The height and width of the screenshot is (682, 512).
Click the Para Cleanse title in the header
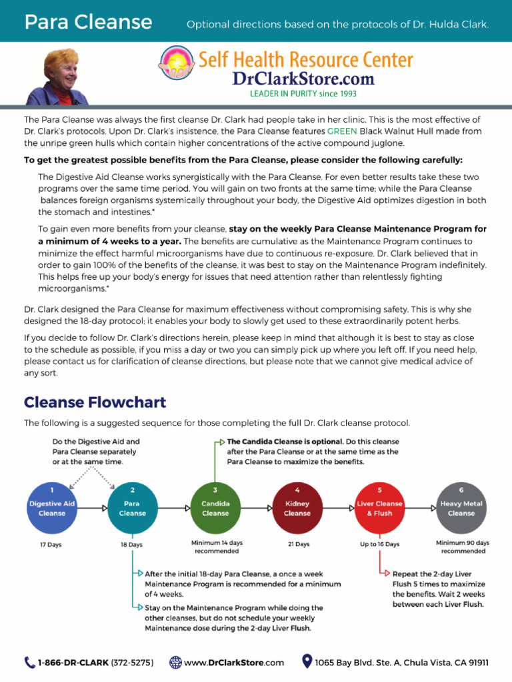coord(88,23)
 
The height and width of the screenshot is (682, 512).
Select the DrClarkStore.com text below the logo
coord(303,79)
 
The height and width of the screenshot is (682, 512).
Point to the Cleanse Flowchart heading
coord(95,402)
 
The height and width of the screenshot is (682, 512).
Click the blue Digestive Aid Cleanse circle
coord(52,508)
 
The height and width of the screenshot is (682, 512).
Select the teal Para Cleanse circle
coord(132,508)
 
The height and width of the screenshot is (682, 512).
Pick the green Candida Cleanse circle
coord(215,508)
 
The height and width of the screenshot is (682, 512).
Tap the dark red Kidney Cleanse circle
coord(297,508)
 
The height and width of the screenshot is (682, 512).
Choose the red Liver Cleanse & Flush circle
coord(379,508)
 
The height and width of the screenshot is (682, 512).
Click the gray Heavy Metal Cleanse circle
coord(461,508)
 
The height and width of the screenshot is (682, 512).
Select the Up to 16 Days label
coord(379,544)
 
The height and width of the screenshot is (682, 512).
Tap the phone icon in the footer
coord(30,662)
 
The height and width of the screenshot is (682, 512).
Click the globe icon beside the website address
coord(175,662)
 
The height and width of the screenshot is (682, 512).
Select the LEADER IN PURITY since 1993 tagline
coord(303,94)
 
